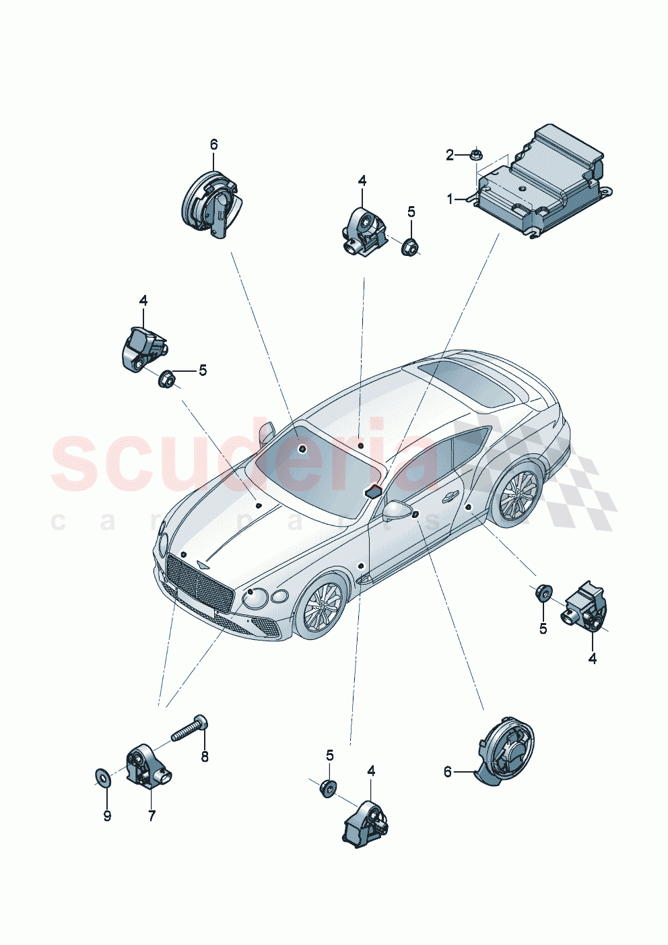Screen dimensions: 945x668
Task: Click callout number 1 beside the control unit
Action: [450, 199]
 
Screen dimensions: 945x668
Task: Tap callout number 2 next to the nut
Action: [450, 156]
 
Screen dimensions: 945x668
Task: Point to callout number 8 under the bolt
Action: [205, 756]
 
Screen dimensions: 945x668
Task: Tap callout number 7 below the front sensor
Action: [152, 816]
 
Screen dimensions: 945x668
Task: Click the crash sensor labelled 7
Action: [147, 767]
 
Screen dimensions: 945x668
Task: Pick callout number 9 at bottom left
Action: [107, 816]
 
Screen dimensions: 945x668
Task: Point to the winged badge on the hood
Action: [203, 566]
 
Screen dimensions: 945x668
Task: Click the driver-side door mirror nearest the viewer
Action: [397, 510]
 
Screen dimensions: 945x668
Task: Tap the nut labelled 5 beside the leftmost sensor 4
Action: [167, 379]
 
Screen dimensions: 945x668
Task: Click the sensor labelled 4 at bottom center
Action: [364, 820]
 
